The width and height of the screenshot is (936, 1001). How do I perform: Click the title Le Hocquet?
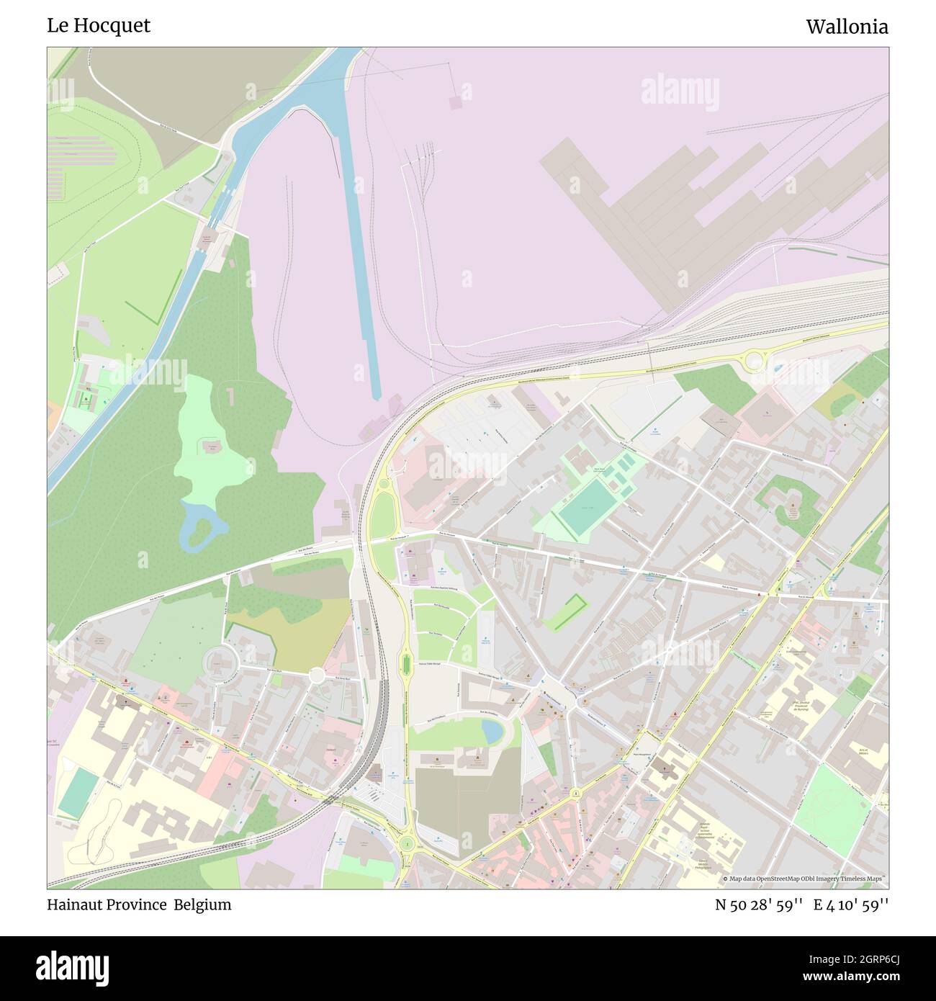pyautogui.click(x=99, y=25)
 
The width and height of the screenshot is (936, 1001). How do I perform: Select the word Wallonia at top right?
pyautogui.click(x=847, y=27)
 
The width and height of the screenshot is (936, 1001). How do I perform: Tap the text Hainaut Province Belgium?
pyautogui.click(x=139, y=905)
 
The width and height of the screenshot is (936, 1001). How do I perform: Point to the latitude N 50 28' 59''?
pyautogui.click(x=759, y=905)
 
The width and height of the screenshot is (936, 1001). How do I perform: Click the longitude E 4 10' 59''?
pyautogui.click(x=850, y=905)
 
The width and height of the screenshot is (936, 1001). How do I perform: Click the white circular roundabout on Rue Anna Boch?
pyautogui.click(x=316, y=675)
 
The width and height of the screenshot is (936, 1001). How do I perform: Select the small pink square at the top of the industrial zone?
pyautogui.click(x=455, y=102)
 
